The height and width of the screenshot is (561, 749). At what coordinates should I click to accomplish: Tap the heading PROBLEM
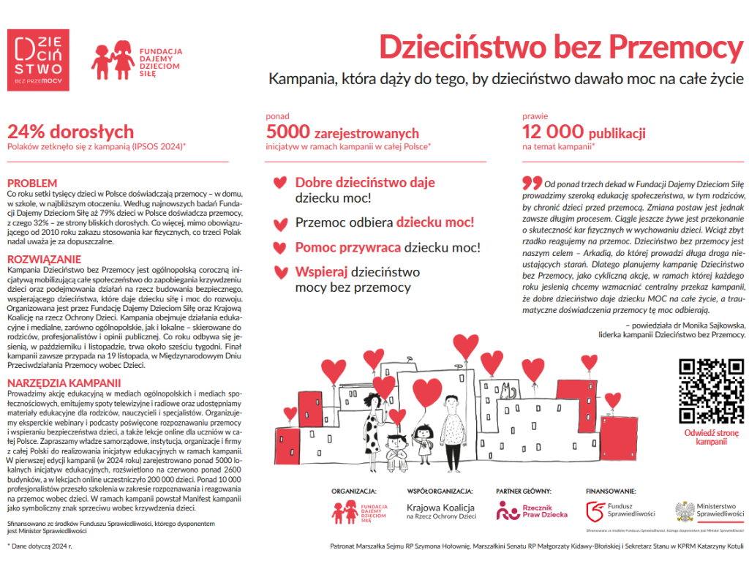pyautogui.click(x=31, y=182)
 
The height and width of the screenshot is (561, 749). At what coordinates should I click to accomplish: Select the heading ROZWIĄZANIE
pyautogui.click(x=44, y=259)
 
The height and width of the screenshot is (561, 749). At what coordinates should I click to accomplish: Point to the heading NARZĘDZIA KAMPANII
pyautogui.click(x=64, y=383)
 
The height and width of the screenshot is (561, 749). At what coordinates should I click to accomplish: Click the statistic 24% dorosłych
pyautogui.click(x=70, y=132)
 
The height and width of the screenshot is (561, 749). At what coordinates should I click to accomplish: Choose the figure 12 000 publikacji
pyautogui.click(x=583, y=132)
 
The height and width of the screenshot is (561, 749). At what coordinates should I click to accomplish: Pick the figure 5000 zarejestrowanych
pyautogui.click(x=342, y=132)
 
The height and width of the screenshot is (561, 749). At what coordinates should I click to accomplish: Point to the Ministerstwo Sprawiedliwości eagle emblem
pyautogui.click(x=683, y=511)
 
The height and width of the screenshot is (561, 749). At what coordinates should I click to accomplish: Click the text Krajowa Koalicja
pyautogui.click(x=440, y=508)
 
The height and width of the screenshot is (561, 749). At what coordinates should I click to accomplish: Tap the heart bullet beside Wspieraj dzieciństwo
pyautogui.click(x=279, y=273)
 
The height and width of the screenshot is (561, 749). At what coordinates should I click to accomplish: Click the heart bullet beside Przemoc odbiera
pyautogui.click(x=279, y=223)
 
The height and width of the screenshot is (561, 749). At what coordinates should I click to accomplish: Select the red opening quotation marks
pyautogui.click(x=532, y=181)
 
